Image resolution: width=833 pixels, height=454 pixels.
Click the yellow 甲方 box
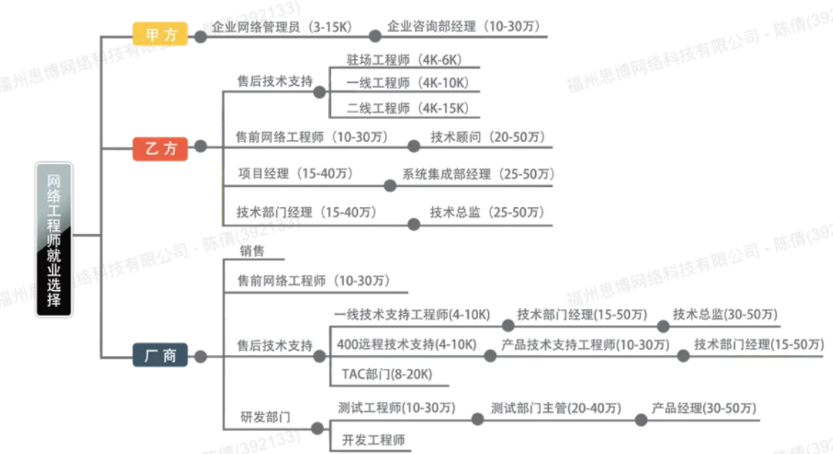pyautogui.click(x=160, y=34)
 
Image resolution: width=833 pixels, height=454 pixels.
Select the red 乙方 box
pyautogui.click(x=160, y=148)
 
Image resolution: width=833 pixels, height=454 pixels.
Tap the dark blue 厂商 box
pyautogui.click(x=160, y=355)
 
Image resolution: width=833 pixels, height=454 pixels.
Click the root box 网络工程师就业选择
pyautogui.click(x=53, y=239)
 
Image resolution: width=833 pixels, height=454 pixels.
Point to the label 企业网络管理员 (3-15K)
pyautogui.click(x=281, y=27)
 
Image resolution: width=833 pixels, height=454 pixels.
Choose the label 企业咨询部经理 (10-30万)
pyautogui.click(x=463, y=26)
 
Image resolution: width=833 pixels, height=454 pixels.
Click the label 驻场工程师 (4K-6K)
pyautogui.click(x=405, y=59)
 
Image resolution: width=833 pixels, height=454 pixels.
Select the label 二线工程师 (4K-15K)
pyautogui.click(x=408, y=108)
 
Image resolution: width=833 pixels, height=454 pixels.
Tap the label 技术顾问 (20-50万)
pyautogui.click(x=488, y=137)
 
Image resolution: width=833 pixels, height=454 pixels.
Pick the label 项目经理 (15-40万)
pyautogui.click(x=296, y=173)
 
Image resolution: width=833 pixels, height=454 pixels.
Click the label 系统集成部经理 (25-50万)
pyautogui.click(x=478, y=174)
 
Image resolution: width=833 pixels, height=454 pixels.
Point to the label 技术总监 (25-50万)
pyautogui.click(x=487, y=212)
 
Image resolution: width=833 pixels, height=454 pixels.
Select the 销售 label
pyautogui.click(x=252, y=250)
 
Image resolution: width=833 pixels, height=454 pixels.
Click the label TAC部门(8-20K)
pyautogui.click(x=387, y=375)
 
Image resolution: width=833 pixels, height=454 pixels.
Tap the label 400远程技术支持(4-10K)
pyautogui.click(x=407, y=344)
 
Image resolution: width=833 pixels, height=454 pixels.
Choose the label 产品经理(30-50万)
pyautogui.click(x=704, y=409)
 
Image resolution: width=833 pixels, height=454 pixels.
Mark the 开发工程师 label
pyautogui.click(x=374, y=440)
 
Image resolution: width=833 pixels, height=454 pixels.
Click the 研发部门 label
pyautogui.click(x=265, y=416)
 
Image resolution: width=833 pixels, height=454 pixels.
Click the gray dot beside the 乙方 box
pyautogui.click(x=200, y=147)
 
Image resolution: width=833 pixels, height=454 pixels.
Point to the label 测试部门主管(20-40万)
pyautogui.click(x=555, y=409)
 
